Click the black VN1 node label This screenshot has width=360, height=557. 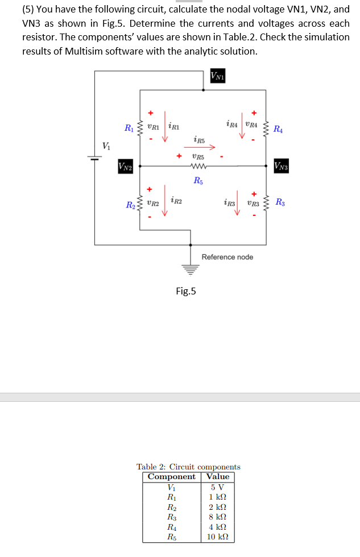click(x=216, y=76)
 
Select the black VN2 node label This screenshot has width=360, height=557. click(x=125, y=167)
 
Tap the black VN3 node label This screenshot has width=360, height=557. click(x=283, y=167)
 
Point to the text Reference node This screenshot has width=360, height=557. click(x=227, y=257)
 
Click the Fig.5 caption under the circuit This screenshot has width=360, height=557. click(x=185, y=292)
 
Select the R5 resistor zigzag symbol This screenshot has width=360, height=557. click(x=197, y=167)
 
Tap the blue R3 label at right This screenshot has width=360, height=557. click(x=280, y=202)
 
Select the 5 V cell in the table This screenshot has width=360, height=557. click(x=217, y=487)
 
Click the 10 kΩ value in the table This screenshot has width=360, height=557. click(x=217, y=537)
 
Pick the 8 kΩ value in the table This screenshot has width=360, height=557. click(x=217, y=517)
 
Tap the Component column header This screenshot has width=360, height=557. click(x=171, y=476)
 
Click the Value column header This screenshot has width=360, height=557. click(x=217, y=476)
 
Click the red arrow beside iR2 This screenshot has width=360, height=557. click(x=165, y=200)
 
